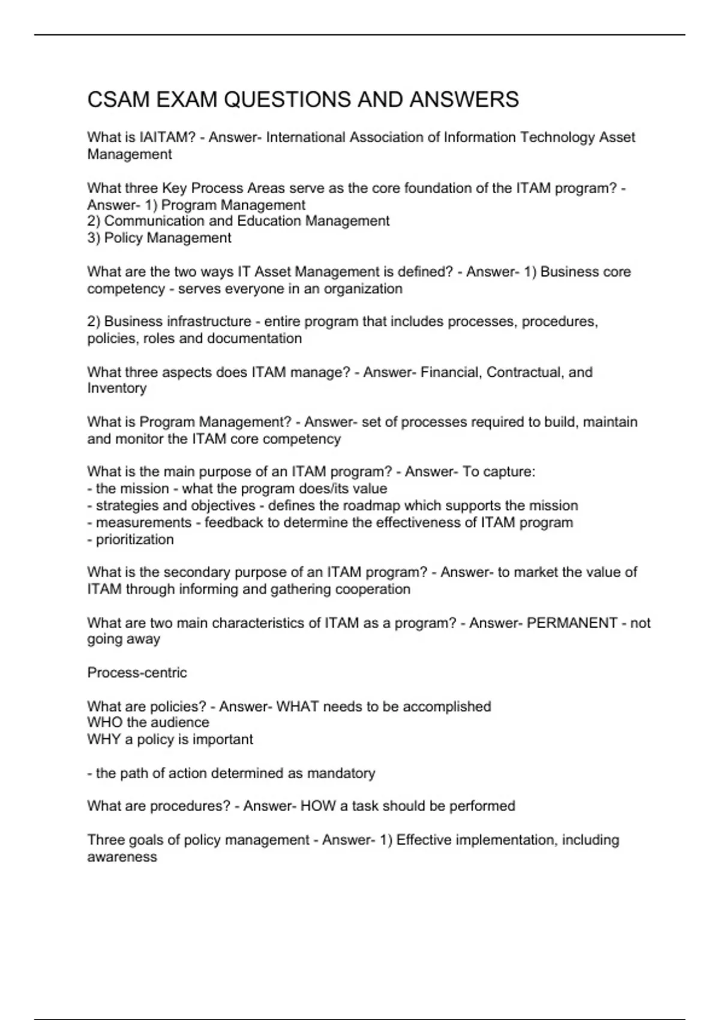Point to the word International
[x=305, y=137]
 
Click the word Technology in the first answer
[x=557, y=137]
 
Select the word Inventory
[x=117, y=388]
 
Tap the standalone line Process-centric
[x=137, y=673]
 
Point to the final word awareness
[x=122, y=857]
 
